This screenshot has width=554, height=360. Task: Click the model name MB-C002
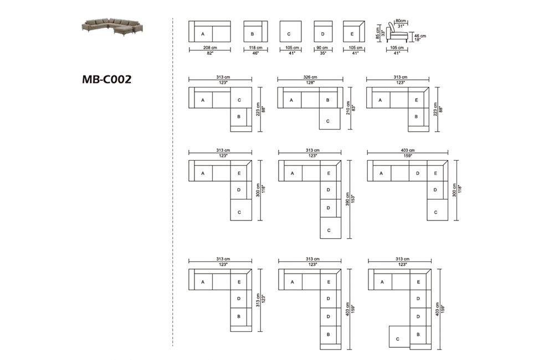point(106,79)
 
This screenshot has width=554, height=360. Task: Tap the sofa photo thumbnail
point(114,26)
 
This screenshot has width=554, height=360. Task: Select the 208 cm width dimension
point(209,48)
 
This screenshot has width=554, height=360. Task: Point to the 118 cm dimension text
point(256,48)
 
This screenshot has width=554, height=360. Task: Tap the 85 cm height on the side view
point(378,31)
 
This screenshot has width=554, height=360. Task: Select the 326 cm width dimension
point(310,78)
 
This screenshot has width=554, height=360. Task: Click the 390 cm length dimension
point(347,199)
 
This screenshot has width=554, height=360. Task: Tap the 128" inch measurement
point(310,83)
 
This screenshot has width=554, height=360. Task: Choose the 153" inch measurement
point(353,199)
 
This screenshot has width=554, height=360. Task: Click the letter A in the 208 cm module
point(203,34)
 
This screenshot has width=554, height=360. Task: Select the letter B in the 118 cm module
point(252,34)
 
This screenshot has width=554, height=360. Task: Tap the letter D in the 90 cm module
point(322,34)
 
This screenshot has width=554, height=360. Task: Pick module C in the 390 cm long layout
point(329,230)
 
